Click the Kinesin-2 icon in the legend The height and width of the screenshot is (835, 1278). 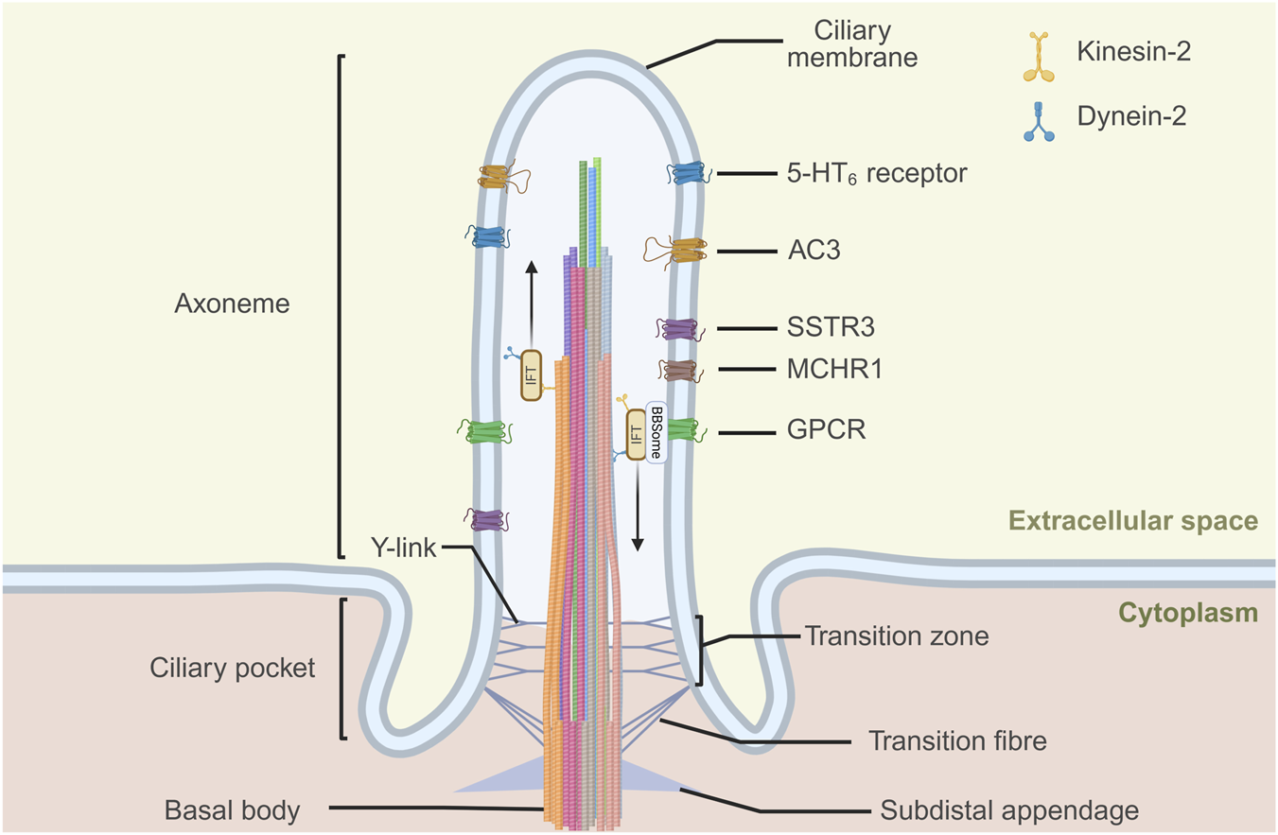1039,57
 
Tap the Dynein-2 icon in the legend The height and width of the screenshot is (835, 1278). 1039,121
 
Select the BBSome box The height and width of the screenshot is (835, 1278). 657,432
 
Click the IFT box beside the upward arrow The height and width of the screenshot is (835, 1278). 532,374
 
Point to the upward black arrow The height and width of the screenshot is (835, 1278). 532,304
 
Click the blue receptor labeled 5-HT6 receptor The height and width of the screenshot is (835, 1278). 690,173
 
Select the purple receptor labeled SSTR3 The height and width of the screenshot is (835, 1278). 679,329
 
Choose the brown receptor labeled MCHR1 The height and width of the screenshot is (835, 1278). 680,371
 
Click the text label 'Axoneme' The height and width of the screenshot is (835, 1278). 232,304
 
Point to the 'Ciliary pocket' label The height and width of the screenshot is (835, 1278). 232,668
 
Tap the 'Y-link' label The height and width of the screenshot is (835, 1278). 403,547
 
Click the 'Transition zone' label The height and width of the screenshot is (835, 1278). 897,636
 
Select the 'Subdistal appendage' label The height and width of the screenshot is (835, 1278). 1009,810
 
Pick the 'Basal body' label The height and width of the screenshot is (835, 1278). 232,810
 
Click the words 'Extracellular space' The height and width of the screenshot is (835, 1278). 1133,521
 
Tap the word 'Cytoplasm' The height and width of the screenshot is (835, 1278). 1188,614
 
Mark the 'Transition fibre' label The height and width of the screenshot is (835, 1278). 958,740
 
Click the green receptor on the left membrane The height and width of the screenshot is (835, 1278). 485,432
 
